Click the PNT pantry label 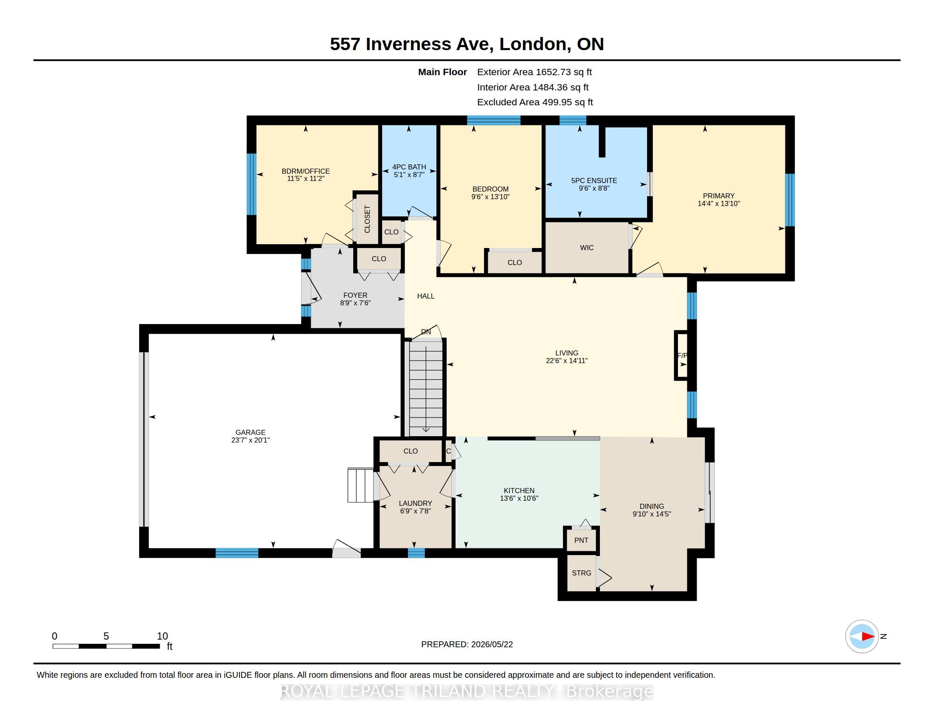(581, 540)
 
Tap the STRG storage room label (582, 573)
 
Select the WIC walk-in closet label (587, 248)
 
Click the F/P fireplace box (681, 355)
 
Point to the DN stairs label (426, 332)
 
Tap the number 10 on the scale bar (162, 636)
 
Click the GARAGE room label (250, 432)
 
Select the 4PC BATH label (409, 167)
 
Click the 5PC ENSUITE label (594, 180)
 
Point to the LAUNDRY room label (415, 503)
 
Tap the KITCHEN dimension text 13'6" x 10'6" (519, 498)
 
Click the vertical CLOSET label (367, 220)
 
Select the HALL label (426, 296)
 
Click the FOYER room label (355, 295)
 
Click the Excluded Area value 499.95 (557, 102)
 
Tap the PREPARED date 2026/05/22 (492, 645)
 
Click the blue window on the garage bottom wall (236, 553)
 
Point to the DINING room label (652, 506)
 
